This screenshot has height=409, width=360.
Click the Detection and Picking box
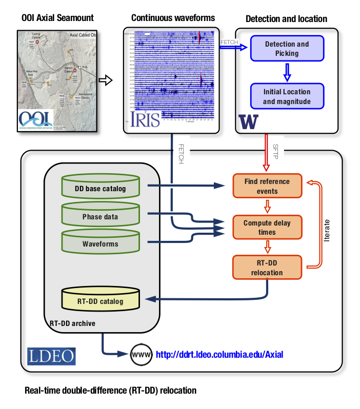(x=287, y=48)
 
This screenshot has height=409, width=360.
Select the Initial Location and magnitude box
(x=287, y=96)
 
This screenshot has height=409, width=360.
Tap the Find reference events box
(x=267, y=186)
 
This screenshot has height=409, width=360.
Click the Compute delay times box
(x=267, y=228)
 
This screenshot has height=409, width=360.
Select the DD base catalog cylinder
(x=100, y=188)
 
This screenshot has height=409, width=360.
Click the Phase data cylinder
(x=100, y=216)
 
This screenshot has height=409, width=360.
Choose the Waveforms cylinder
(x=100, y=243)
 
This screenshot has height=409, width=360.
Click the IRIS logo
(x=146, y=119)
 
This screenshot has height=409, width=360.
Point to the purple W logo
(x=248, y=122)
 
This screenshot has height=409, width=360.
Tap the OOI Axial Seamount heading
(x=57, y=18)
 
